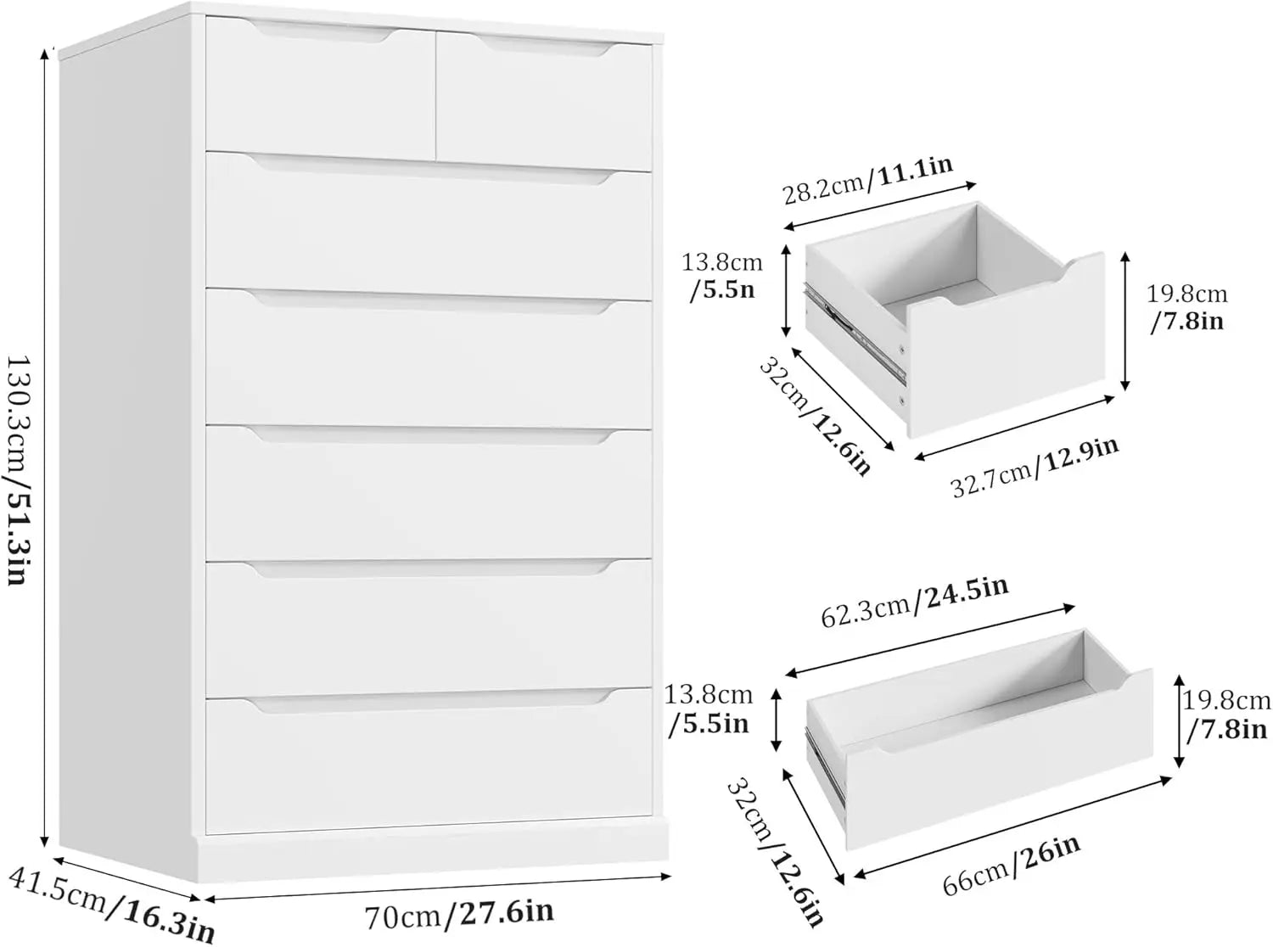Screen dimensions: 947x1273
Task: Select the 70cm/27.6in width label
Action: point(459,914)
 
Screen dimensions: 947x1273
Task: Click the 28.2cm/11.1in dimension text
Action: point(866,179)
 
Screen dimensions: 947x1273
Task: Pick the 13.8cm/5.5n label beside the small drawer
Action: point(721,277)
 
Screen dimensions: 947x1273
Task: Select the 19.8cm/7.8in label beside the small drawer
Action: point(1186,308)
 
